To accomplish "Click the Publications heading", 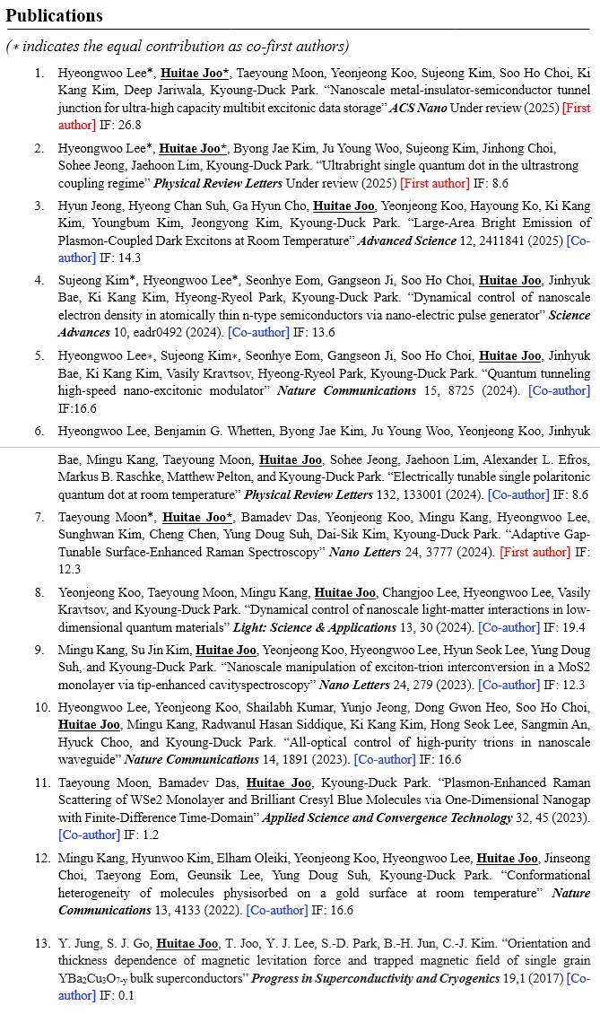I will (x=54, y=16).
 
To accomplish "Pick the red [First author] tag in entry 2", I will (x=434, y=183).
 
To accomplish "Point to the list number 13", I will (x=41, y=943).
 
